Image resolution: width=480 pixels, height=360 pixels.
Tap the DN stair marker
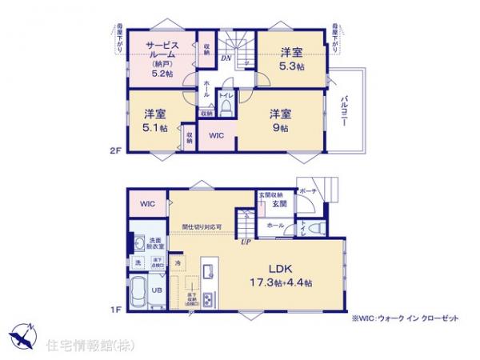click(x=226, y=58)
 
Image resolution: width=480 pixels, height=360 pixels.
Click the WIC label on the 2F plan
click(x=216, y=136)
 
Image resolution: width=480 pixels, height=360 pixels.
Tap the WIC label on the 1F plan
click(x=148, y=205)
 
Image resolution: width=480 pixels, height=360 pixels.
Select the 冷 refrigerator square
click(x=178, y=262)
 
